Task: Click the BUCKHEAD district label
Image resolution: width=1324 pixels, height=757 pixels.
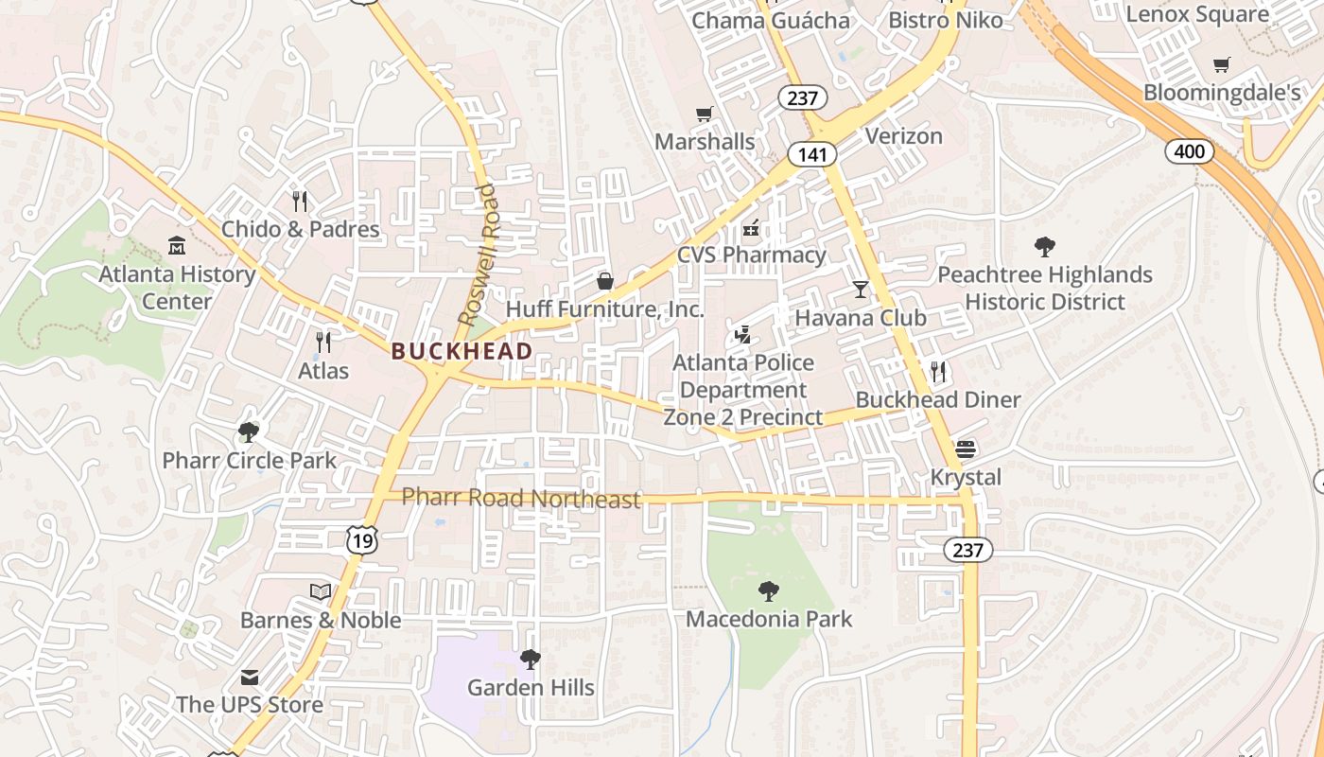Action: [462, 351]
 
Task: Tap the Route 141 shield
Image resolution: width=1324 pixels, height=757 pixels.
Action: [811, 154]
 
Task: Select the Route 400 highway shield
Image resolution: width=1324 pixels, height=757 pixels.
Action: [1189, 150]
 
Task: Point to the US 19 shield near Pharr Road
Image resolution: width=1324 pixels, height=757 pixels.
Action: [362, 539]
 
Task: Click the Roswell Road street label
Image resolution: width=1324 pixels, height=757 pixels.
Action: [477, 255]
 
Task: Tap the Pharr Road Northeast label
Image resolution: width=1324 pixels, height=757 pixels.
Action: [521, 498]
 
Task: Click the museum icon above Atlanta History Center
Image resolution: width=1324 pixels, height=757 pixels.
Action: [177, 247]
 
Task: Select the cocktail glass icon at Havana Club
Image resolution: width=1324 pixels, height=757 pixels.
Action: [861, 289]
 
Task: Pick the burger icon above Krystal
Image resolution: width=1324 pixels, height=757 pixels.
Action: [966, 449]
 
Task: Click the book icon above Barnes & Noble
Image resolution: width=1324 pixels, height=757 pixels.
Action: [321, 591]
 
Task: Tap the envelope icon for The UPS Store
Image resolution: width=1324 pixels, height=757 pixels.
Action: [250, 677]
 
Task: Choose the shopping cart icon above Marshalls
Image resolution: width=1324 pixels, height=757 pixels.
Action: [705, 114]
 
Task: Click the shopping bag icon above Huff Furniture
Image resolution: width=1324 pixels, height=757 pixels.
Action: [605, 281]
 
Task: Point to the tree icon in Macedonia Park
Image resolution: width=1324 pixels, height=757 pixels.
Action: [769, 591]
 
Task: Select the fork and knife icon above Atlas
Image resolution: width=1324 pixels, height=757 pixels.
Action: [323, 342]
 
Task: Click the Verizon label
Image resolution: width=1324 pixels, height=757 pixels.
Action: [904, 136]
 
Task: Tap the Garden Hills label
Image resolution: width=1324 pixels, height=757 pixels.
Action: [531, 688]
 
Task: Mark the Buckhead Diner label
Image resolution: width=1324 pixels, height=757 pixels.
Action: [938, 399]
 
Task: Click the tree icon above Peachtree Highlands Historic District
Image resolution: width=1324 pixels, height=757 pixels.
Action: [1045, 247]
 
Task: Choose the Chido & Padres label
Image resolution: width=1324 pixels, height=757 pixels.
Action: [301, 229]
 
